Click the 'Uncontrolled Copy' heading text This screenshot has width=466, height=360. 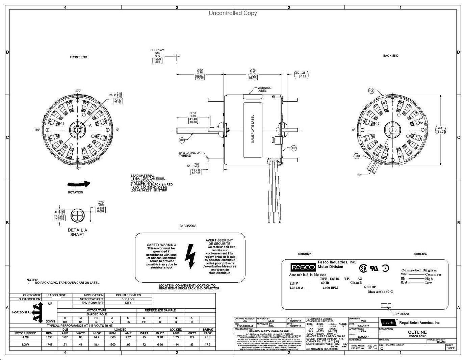(x=233, y=13)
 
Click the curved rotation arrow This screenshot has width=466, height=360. (x=79, y=184)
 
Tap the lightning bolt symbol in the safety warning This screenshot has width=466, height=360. (x=190, y=256)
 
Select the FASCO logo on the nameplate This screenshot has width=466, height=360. (x=299, y=267)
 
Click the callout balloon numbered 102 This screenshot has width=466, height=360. (x=182, y=139)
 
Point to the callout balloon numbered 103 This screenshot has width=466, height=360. (x=293, y=148)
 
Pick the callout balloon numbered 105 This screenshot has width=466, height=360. (x=371, y=91)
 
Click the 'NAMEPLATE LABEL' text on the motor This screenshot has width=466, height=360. (x=252, y=129)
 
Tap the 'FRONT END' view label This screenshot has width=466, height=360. (x=78, y=57)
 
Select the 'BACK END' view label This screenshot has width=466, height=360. (x=390, y=56)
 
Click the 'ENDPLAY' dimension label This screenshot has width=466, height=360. (x=157, y=50)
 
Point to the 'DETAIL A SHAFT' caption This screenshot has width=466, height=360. (x=77, y=232)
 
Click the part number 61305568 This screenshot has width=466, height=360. (x=188, y=226)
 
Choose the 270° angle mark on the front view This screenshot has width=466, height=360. (x=78, y=91)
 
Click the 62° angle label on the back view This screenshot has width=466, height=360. (x=360, y=175)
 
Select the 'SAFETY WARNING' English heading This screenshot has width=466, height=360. (x=161, y=245)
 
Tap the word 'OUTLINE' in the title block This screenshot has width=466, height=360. (x=417, y=332)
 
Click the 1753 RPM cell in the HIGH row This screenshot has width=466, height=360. (x=49, y=337)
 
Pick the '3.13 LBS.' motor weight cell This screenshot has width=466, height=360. (x=128, y=299)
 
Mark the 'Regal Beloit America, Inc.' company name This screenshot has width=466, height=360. (x=420, y=323)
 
